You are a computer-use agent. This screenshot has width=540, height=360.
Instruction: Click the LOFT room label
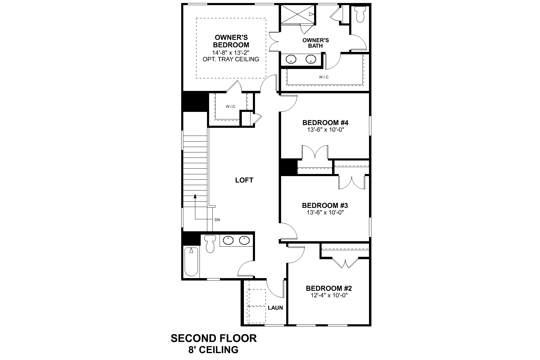244,180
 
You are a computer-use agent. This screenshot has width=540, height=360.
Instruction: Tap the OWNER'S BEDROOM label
231,41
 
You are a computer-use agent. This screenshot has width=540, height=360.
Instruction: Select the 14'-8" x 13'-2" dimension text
231,52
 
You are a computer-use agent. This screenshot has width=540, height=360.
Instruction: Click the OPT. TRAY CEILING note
231,59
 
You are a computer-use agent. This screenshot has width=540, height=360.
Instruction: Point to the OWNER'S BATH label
316,43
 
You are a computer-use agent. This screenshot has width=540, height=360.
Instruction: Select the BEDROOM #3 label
325,205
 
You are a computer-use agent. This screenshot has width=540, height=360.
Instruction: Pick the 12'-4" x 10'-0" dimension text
329,295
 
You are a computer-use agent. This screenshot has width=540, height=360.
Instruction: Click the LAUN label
275,308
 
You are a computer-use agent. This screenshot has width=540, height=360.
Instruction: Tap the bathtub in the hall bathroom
191,262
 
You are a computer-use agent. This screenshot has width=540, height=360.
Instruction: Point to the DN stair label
217,220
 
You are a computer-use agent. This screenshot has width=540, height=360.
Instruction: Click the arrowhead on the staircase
195,196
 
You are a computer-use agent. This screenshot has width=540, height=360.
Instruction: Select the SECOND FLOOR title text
214,338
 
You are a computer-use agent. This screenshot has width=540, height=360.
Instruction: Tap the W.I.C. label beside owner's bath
324,77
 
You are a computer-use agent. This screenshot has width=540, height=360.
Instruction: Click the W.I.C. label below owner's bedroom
231,106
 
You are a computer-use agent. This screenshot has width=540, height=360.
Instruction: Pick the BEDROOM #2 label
329,288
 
